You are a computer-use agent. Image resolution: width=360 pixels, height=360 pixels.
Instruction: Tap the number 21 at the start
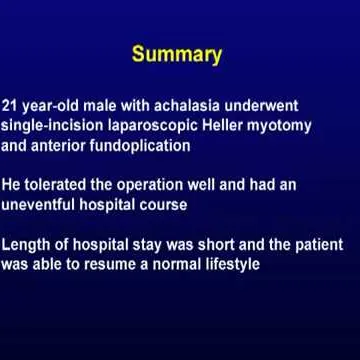point(11,105)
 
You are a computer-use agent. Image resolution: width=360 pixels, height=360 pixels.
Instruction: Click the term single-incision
point(51,125)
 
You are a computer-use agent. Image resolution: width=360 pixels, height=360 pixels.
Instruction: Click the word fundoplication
point(149,145)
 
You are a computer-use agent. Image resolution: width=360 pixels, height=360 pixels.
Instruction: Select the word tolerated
point(62,185)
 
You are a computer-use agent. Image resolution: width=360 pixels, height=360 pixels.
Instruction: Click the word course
point(163,205)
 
